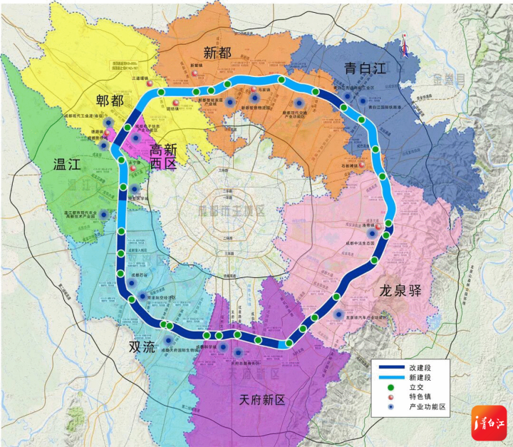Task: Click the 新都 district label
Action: [x=218, y=52]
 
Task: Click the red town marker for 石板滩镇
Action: [x=363, y=167]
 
